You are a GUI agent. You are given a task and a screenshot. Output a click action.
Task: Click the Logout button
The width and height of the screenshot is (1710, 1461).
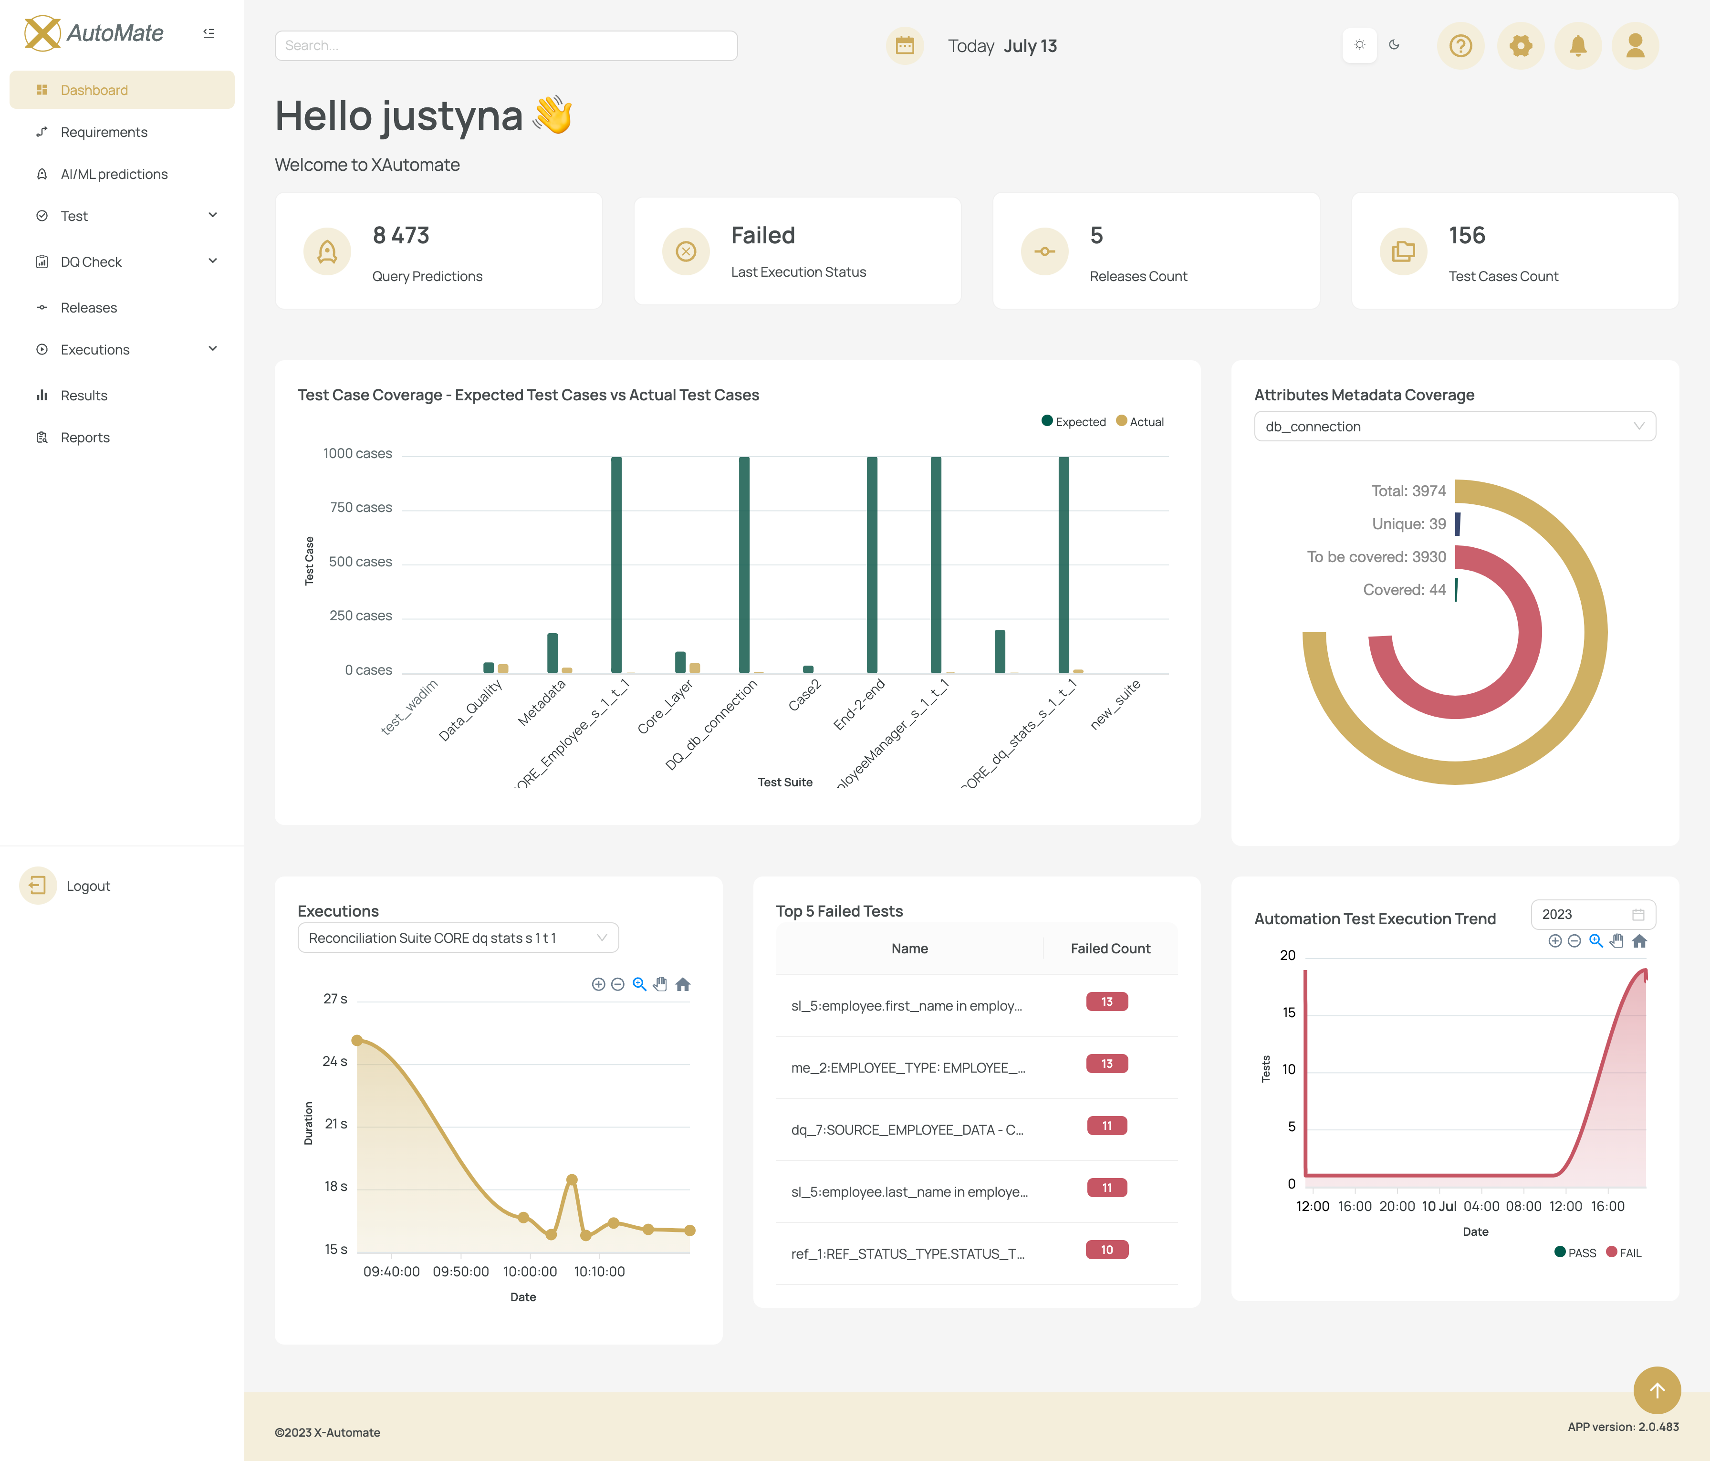(87, 886)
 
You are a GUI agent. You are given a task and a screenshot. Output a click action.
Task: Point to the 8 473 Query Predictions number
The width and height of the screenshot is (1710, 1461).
(401, 235)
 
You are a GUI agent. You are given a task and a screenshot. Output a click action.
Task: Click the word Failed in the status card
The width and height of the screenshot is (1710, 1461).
(762, 235)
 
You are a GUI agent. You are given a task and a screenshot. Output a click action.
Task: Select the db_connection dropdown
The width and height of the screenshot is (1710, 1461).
(1454, 427)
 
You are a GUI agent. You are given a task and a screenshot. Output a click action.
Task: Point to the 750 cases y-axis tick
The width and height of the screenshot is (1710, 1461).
(361, 508)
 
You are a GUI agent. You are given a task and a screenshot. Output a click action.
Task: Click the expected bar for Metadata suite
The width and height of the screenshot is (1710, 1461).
(552, 652)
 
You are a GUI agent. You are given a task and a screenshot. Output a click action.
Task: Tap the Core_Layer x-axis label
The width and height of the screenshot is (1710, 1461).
(665, 707)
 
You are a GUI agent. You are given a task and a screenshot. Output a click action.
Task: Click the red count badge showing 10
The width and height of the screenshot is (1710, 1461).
(1107, 1250)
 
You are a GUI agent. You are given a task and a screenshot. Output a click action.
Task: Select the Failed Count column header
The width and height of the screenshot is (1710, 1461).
(1110, 949)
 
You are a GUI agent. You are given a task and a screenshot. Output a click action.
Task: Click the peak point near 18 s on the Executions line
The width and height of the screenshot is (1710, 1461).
(572, 1179)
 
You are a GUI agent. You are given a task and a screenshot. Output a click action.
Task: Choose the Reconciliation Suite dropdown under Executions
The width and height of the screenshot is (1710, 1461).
(457, 938)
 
